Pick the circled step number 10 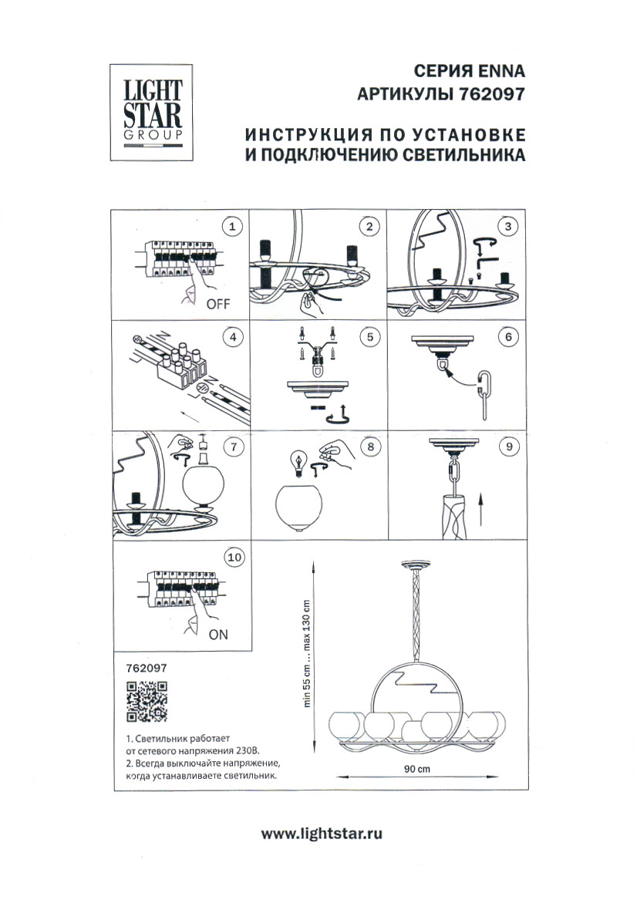(x=232, y=558)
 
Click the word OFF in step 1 (x=218, y=303)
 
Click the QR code (x=147, y=702)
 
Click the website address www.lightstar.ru (x=322, y=833)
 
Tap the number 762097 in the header (x=491, y=94)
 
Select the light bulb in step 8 (x=296, y=461)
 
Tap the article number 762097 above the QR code (x=146, y=669)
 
